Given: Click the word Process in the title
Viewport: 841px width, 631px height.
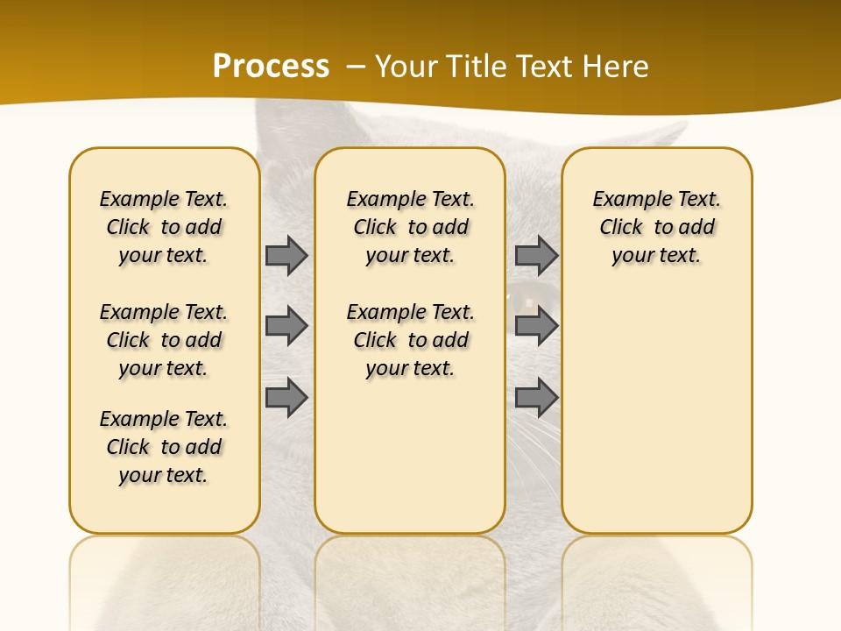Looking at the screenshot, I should (271, 66).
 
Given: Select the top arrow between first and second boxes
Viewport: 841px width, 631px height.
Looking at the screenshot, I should (286, 255).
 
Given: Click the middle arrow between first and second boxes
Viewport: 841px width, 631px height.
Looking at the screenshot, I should (286, 326).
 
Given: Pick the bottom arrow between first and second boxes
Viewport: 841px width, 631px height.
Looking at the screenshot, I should (286, 398).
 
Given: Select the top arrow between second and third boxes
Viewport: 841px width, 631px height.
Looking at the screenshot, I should (536, 255).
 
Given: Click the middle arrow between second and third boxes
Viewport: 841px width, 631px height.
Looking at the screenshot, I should (536, 326).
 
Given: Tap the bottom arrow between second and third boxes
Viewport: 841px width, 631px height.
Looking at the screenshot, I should (536, 398).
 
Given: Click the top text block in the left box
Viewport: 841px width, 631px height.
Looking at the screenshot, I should (164, 227).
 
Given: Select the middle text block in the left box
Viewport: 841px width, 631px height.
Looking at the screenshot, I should (164, 340).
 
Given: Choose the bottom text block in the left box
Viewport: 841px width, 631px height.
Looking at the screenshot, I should (164, 447).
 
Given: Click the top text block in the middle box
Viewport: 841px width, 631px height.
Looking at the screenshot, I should (410, 227).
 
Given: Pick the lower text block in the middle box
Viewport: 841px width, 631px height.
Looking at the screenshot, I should (410, 340).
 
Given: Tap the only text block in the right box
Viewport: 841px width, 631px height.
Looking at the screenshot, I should (656, 227).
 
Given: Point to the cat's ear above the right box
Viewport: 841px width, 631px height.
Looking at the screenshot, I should (666, 135).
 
